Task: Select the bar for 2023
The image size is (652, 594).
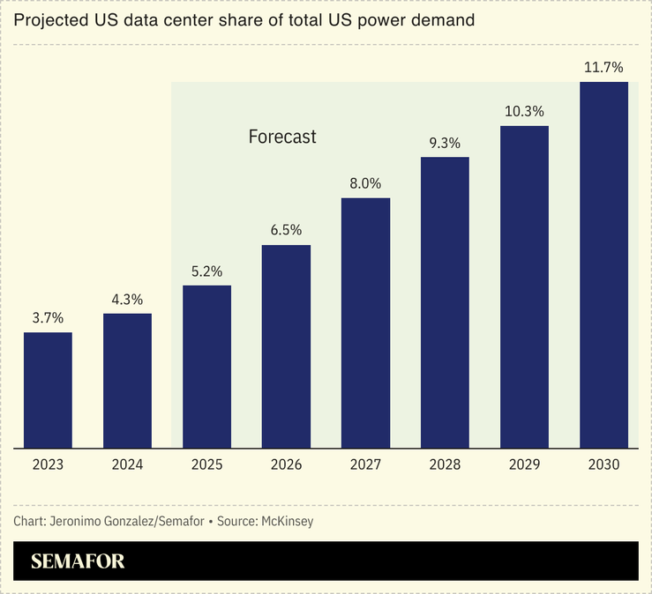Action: tap(48, 390)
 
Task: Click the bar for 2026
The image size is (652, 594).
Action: tap(286, 346)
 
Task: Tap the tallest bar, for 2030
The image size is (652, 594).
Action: tap(603, 265)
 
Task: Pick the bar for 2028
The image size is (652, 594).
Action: tap(445, 303)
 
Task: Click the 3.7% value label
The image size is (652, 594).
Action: tap(48, 317)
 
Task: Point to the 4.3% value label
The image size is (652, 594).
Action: tap(127, 299)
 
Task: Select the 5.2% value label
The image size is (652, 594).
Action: tap(206, 271)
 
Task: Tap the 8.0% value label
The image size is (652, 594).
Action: tap(365, 183)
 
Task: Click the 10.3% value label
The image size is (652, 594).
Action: tap(524, 111)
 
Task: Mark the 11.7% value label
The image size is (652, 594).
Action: tap(603, 67)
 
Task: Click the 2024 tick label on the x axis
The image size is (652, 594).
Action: tap(127, 464)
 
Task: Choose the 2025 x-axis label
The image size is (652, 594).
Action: tap(206, 464)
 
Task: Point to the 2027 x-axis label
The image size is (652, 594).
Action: tap(365, 464)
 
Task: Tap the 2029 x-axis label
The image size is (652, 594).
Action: tap(524, 464)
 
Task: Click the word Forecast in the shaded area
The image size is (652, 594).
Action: tap(281, 137)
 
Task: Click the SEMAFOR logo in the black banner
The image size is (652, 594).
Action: tap(78, 561)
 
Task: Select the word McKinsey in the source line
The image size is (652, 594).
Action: tap(287, 521)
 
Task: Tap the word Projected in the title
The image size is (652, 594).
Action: tap(49, 20)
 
